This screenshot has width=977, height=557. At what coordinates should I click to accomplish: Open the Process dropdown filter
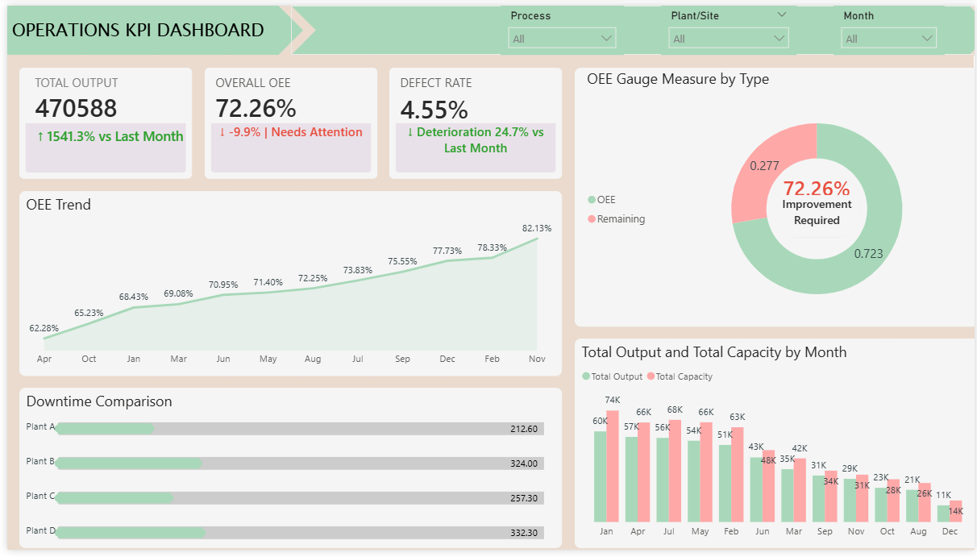click(x=562, y=39)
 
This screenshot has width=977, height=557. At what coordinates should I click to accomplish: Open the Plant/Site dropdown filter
click(x=728, y=39)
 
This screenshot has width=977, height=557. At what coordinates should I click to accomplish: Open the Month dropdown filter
click(x=889, y=39)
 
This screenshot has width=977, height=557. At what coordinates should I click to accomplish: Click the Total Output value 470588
click(x=76, y=109)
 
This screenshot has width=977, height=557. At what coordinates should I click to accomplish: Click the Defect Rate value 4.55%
click(x=434, y=109)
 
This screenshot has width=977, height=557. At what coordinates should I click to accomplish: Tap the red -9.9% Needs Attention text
click(x=291, y=132)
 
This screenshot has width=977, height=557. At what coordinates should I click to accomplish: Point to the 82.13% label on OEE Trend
click(x=537, y=228)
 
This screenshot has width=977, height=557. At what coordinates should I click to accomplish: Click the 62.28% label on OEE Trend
click(x=44, y=328)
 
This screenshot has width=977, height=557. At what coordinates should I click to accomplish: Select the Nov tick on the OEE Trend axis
click(x=537, y=359)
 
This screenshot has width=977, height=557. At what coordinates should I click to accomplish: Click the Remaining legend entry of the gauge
click(x=621, y=219)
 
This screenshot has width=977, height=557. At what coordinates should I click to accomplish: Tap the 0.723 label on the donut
click(x=868, y=254)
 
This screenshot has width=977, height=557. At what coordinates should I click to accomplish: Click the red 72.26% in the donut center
click(x=817, y=189)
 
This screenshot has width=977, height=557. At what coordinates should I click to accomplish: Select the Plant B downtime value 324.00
click(x=524, y=463)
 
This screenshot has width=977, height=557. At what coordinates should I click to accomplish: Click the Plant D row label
click(x=40, y=530)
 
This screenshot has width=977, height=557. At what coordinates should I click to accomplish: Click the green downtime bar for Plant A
click(x=105, y=429)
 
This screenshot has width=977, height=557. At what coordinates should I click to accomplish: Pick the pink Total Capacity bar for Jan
click(x=613, y=466)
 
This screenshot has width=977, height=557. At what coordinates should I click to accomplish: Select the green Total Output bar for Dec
click(x=944, y=513)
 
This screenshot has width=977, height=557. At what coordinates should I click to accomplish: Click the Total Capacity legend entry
click(x=684, y=376)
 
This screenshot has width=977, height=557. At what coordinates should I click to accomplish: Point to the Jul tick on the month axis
click(x=668, y=532)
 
